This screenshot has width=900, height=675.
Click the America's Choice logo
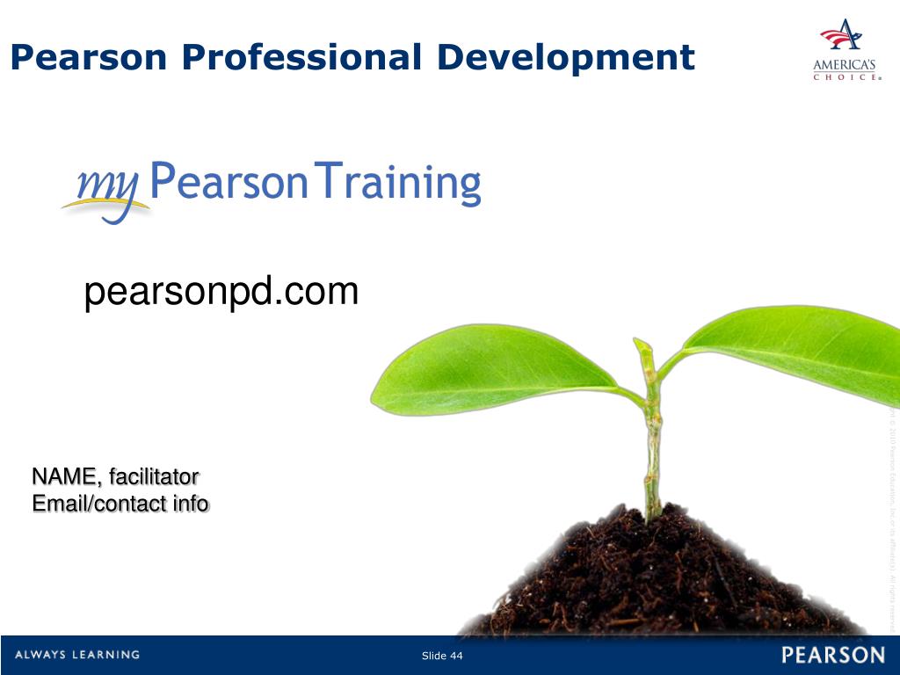coord(845,50)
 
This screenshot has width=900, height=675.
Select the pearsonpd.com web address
coord(221,292)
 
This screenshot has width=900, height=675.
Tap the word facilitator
coord(154,477)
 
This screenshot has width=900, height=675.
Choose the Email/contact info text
coord(120,504)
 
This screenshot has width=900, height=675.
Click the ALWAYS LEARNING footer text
coord(76,655)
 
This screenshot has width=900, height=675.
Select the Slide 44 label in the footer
coord(442,657)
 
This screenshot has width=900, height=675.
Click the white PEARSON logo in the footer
coord(832,656)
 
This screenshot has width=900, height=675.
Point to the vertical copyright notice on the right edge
coord(890,519)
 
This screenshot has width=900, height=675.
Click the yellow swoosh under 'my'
coord(101,207)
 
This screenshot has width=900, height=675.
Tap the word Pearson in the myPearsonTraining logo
coord(230,183)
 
